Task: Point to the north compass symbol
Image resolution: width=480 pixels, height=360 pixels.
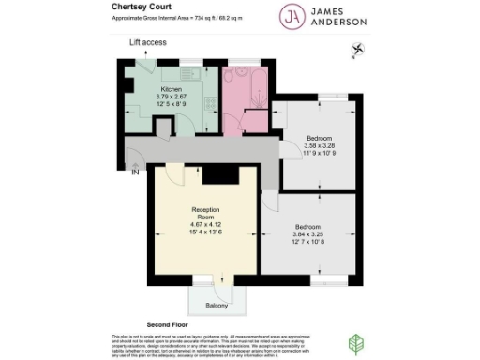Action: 356,50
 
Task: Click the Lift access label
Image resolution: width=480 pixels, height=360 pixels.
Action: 147,43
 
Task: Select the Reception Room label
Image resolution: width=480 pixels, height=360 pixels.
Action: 204,212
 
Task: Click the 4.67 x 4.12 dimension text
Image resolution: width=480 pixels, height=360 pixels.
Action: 204,225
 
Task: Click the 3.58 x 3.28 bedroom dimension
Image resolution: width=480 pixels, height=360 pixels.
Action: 320,146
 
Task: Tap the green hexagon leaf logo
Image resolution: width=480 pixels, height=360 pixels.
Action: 357,342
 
